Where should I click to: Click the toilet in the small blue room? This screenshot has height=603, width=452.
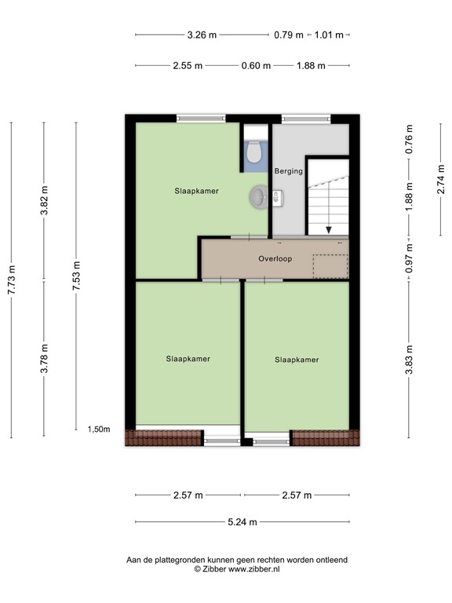tap(254, 152)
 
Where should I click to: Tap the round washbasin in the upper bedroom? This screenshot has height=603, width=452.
tap(258, 197)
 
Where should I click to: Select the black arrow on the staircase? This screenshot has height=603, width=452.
tap(328, 228)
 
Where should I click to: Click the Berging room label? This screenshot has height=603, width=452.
tap(288, 171)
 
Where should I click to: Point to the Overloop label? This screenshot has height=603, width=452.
tap(275, 258)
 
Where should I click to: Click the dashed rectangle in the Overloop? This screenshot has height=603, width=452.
tap(330, 266)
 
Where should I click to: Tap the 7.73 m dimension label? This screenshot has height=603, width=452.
tap(11, 280)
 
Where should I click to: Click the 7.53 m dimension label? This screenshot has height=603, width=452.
tap(76, 277)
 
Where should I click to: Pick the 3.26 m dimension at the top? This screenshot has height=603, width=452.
tap(202, 35)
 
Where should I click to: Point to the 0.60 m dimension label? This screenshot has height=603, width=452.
tap(256, 66)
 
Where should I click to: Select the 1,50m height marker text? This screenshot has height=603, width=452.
tap(99, 429)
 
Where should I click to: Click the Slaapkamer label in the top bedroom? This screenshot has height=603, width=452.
tap(196, 191)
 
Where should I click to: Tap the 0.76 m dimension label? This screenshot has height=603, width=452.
tap(409, 139)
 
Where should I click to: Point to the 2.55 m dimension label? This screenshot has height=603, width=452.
tap(188, 66)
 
